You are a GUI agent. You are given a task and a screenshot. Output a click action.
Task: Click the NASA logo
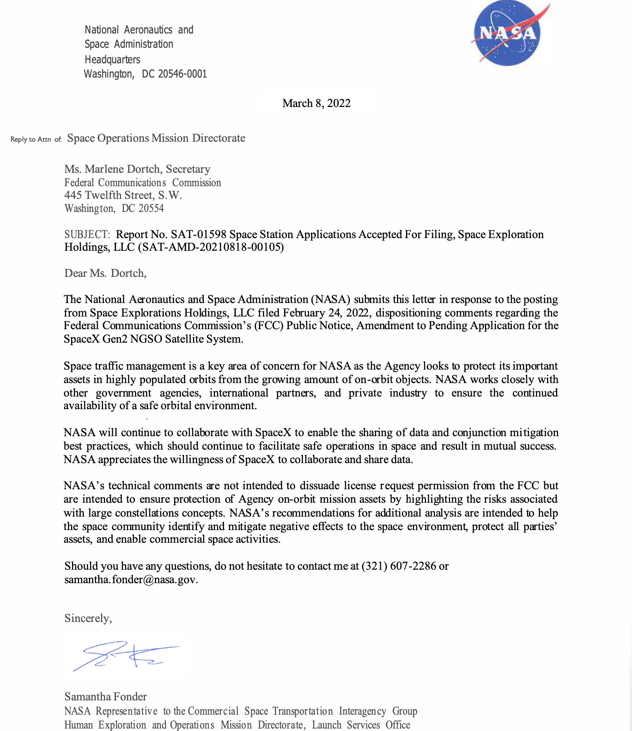[x=507, y=33]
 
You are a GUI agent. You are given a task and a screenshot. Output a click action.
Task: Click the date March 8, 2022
[x=316, y=103]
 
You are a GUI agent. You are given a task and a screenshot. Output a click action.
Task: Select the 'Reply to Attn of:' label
[x=36, y=139]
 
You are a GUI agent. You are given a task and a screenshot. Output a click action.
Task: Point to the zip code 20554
[x=151, y=208]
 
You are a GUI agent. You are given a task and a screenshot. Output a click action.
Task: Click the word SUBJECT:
[x=87, y=234]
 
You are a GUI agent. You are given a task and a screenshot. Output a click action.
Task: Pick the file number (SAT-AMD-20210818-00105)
[x=211, y=247]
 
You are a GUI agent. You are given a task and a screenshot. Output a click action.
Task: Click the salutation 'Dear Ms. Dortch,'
[x=105, y=273]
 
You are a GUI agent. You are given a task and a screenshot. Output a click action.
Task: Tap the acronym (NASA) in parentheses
[x=331, y=299]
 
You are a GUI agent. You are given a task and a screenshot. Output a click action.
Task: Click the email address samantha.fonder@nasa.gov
[x=131, y=579]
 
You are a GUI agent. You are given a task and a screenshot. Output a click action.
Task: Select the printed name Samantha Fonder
[x=105, y=697]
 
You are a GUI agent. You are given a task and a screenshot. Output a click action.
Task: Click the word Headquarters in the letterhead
[x=112, y=60]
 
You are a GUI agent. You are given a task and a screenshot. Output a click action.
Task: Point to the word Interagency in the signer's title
[x=362, y=711]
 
